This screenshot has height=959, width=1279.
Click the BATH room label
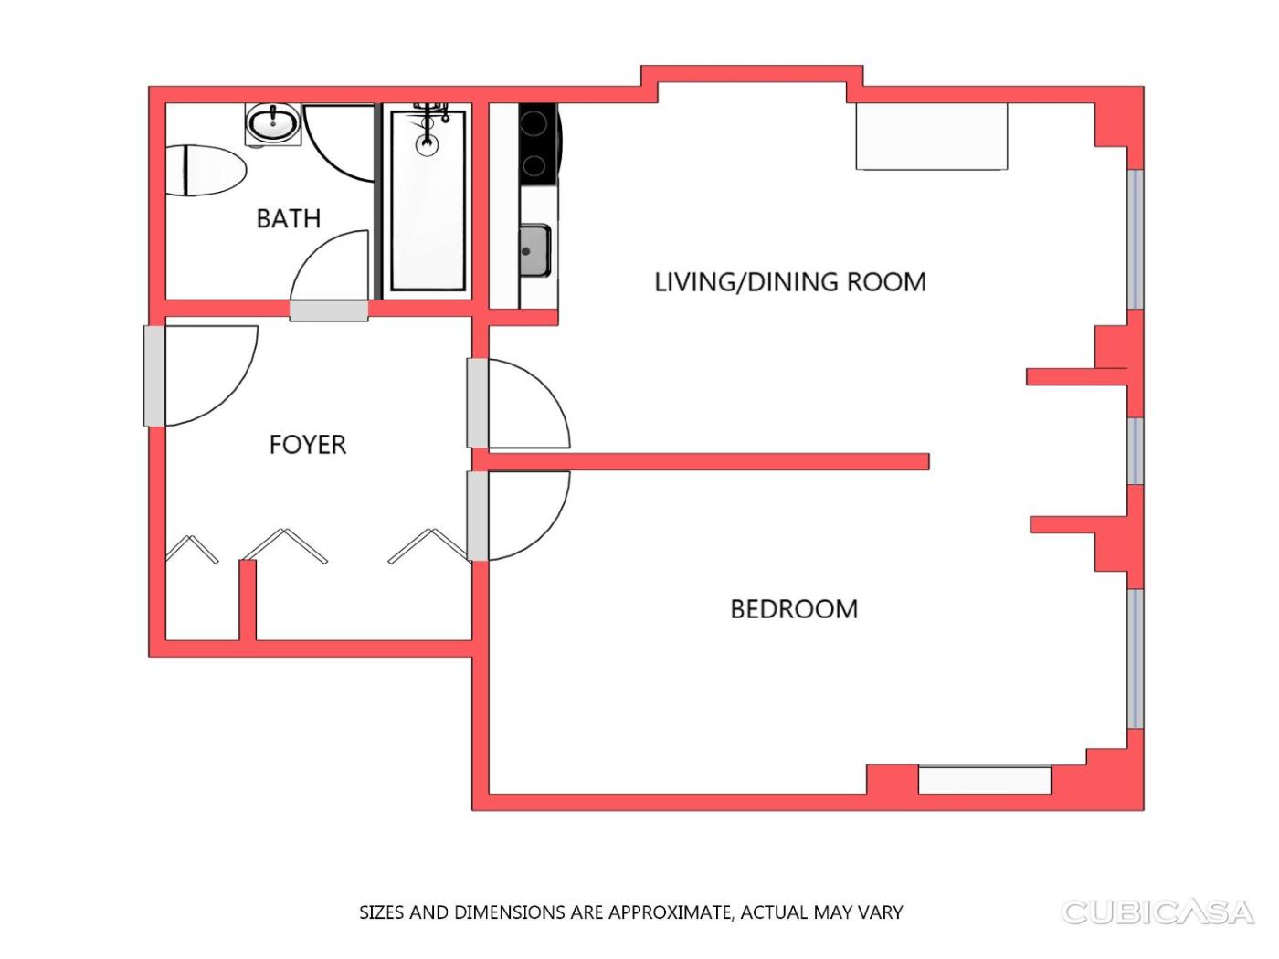pyautogui.click(x=289, y=219)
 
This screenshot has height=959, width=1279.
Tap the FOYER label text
pyautogui.click(x=308, y=445)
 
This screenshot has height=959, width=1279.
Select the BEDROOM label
pyautogui.click(x=794, y=609)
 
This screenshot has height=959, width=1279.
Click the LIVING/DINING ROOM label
pyautogui.click(x=790, y=282)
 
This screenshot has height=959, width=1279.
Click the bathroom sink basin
pyautogui.click(x=272, y=123)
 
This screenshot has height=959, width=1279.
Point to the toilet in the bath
pyautogui.click(x=206, y=171)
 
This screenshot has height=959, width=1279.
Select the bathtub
pyautogui.click(x=428, y=201)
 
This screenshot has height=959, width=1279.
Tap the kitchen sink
pyautogui.click(x=535, y=251)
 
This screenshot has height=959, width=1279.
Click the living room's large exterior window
pyautogui.click(x=1135, y=238)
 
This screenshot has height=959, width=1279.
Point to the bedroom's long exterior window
pyautogui.click(x=1135, y=659)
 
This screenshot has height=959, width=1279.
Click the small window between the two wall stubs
pyautogui.click(x=1135, y=450)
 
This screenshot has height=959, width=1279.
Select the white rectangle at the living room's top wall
pyautogui.click(x=931, y=137)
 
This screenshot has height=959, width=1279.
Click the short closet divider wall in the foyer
pyautogui.click(x=248, y=600)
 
